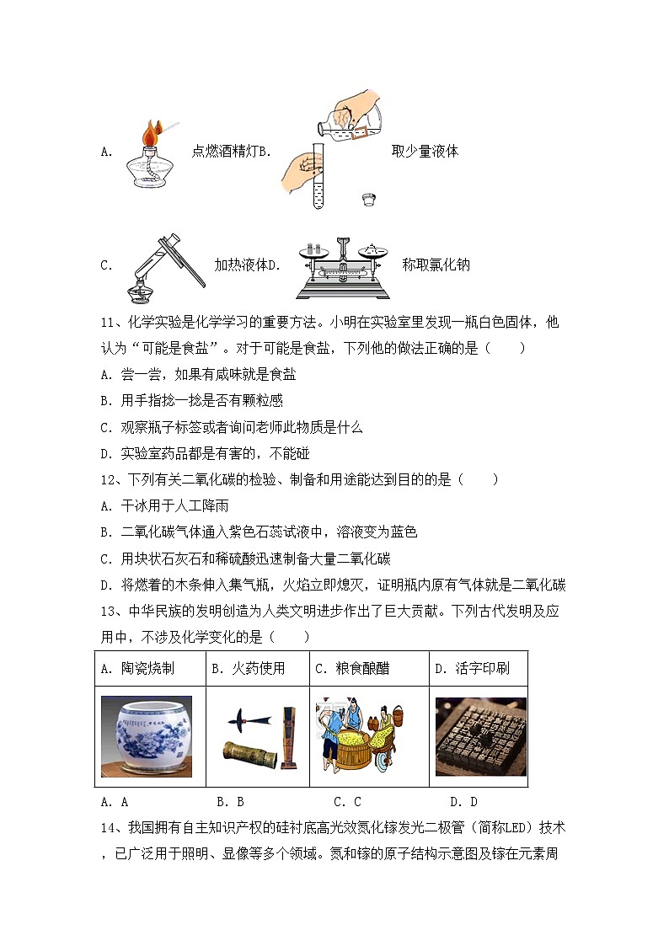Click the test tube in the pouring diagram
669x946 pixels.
pyautogui.click(x=318, y=176)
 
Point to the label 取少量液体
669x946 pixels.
pyautogui.click(x=425, y=152)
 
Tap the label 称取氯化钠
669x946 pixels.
pyautogui.click(x=436, y=265)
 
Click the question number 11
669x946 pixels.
pyautogui.click(x=107, y=323)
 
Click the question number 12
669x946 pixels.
pyautogui.click(x=107, y=479)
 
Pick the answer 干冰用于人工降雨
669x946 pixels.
pyautogui.click(x=163, y=505)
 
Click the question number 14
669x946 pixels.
pyautogui.click(x=107, y=827)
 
